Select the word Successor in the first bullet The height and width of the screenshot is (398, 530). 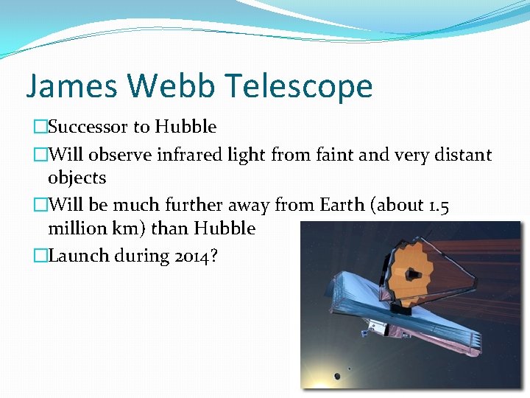click(88, 127)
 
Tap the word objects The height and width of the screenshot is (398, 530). click(77, 178)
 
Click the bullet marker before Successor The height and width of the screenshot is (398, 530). click(40, 127)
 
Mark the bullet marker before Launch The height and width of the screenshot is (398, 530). click(40, 256)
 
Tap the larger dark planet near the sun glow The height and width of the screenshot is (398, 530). click(337, 376)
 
